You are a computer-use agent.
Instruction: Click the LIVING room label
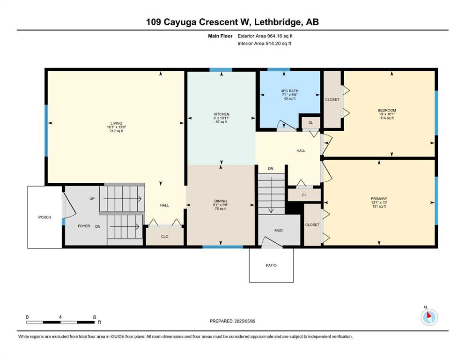(x=116, y=123)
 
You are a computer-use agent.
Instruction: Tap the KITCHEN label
(x=221, y=114)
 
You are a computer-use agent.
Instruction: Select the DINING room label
(x=221, y=201)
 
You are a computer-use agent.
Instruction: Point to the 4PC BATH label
(x=290, y=91)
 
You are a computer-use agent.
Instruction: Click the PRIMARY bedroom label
(x=379, y=199)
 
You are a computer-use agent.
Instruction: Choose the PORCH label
(x=45, y=217)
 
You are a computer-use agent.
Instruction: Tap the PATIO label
(x=271, y=265)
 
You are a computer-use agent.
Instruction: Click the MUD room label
(x=279, y=230)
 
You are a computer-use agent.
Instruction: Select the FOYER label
(x=84, y=226)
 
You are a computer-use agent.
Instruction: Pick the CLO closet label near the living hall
(x=164, y=237)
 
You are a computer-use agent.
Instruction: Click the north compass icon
(x=429, y=317)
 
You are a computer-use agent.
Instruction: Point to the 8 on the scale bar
(x=95, y=317)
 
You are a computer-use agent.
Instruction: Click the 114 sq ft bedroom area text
(x=387, y=118)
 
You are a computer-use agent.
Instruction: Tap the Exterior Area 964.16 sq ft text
(x=265, y=36)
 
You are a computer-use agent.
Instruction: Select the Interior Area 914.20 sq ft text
(x=264, y=43)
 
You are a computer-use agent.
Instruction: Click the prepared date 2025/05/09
(x=245, y=321)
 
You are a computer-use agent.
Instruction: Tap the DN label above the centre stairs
(x=271, y=169)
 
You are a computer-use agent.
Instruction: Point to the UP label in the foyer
(x=92, y=199)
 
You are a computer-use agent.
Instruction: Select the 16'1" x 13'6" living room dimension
(x=116, y=127)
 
